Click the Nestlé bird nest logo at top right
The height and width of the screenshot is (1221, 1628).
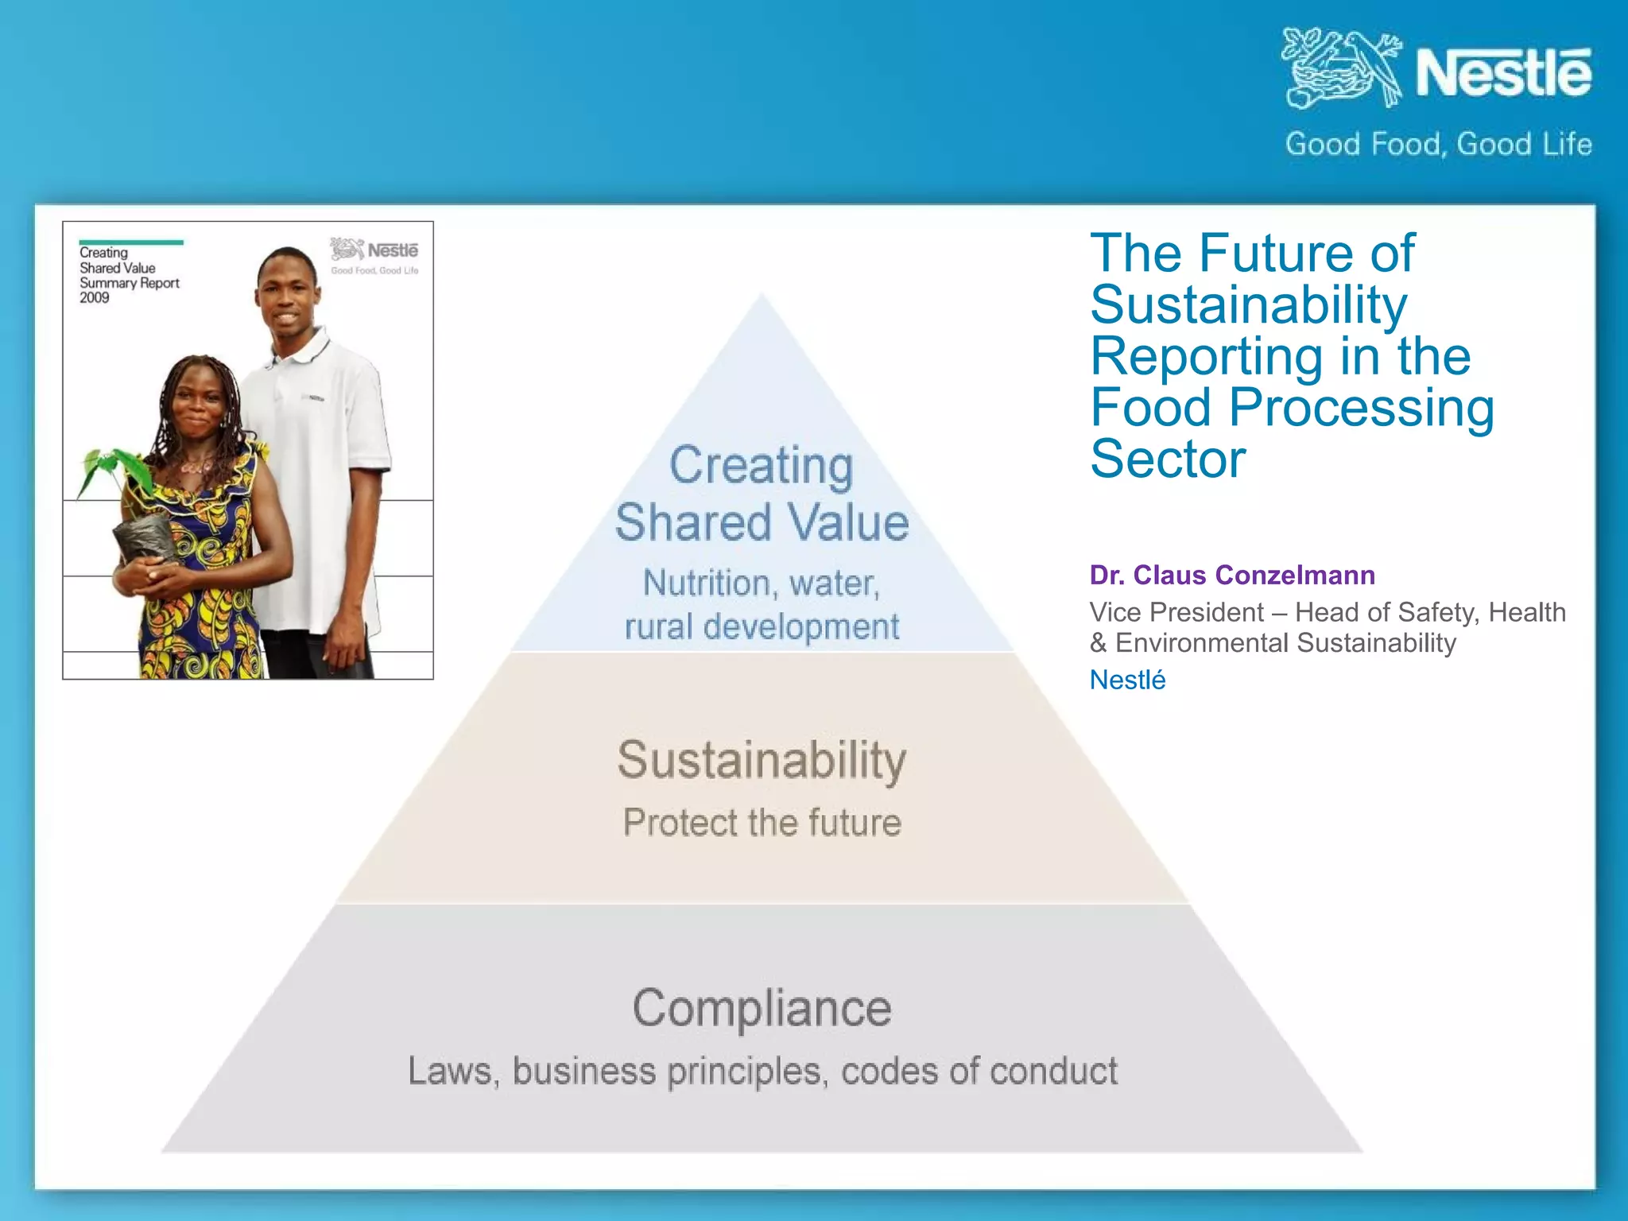[1342, 68]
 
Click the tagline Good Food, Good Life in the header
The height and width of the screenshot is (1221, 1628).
[1438, 144]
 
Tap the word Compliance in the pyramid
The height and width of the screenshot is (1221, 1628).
[762, 1008]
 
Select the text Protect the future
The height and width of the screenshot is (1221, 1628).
[762, 822]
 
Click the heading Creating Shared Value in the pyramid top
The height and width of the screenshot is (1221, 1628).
[762, 493]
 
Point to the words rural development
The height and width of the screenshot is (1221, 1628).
[762, 626]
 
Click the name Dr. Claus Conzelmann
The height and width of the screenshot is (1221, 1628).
[1232, 575]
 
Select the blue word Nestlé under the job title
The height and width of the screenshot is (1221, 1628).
[1127, 680]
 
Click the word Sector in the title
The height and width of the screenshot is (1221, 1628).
[1168, 459]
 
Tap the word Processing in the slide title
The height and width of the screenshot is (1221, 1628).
[1361, 407]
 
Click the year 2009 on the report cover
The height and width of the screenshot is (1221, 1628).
[94, 298]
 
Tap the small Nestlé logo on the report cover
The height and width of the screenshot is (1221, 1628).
[374, 251]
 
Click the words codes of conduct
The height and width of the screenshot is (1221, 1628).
[979, 1071]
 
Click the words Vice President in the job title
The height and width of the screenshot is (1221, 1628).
[1176, 612]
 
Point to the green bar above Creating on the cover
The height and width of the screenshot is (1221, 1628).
[131, 242]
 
